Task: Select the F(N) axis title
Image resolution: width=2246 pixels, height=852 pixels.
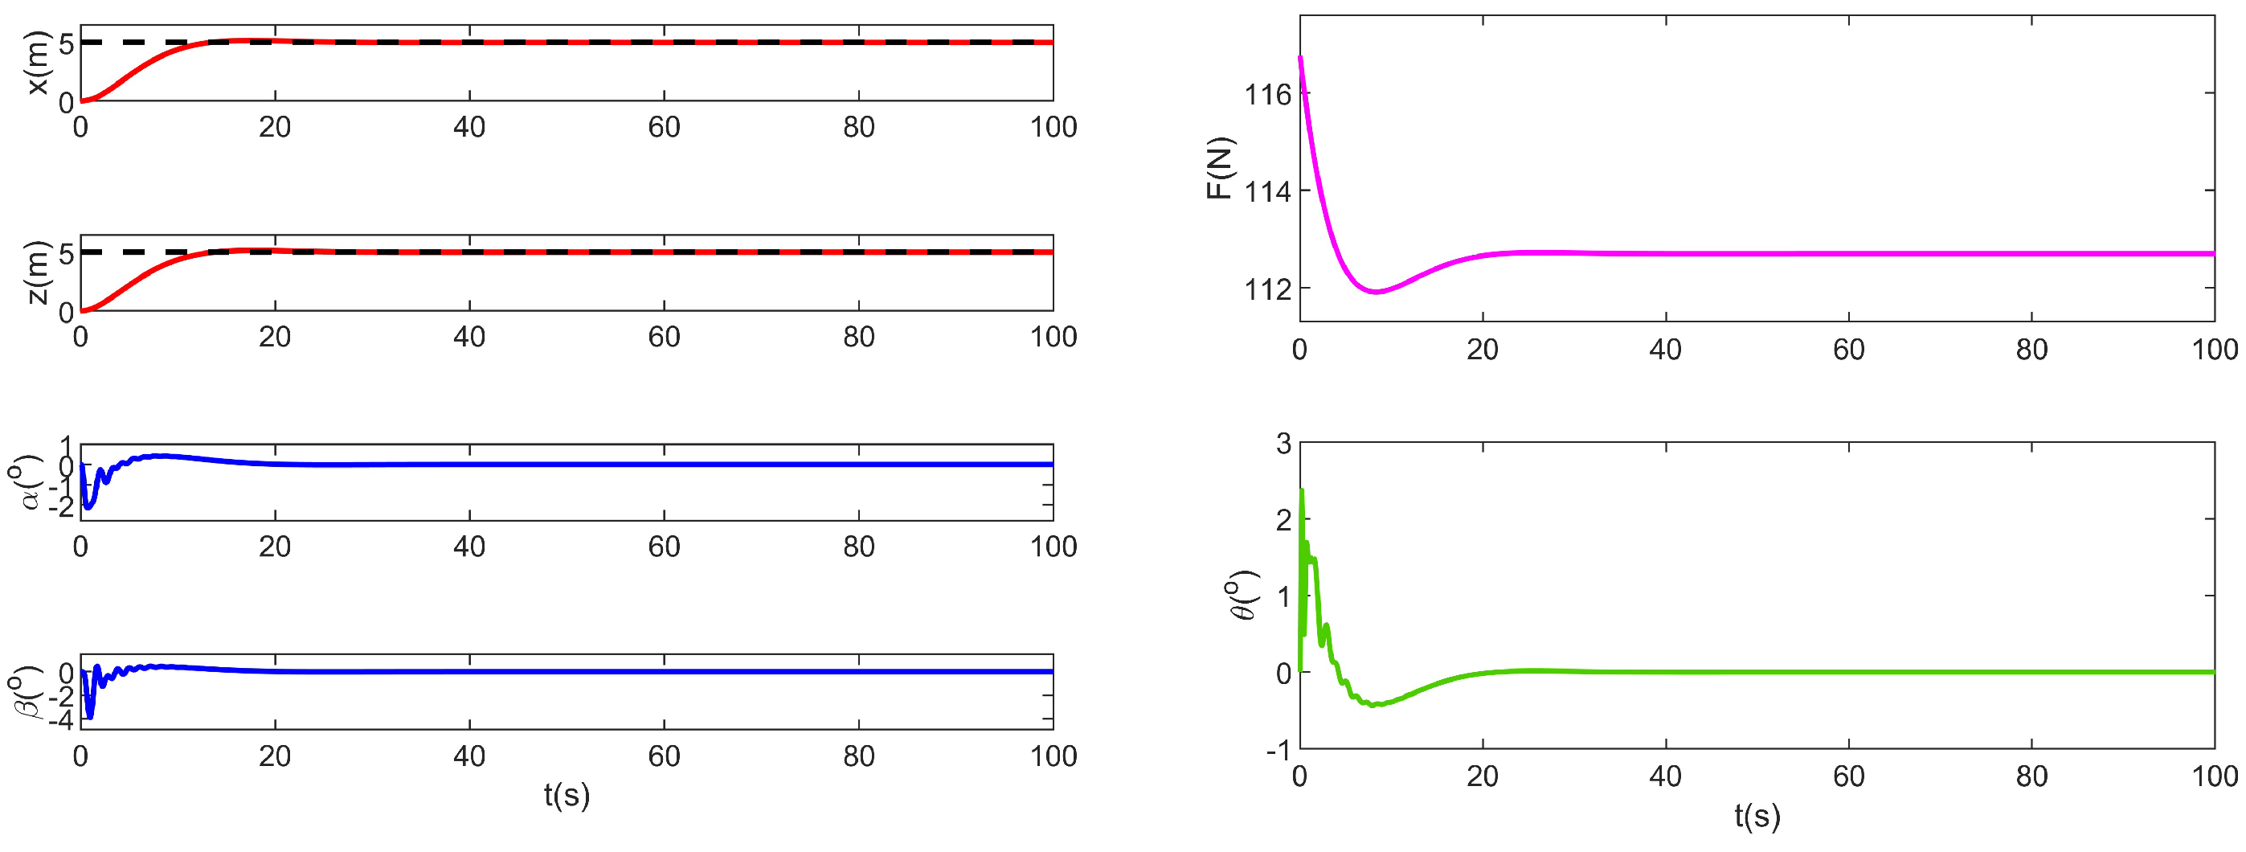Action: pyautogui.click(x=1220, y=168)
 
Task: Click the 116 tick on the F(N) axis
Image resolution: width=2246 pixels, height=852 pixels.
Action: pyautogui.click(x=1267, y=94)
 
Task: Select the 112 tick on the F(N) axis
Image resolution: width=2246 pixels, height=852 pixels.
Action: pyautogui.click(x=1267, y=289)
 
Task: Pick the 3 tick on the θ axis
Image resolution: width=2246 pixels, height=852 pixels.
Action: pyautogui.click(x=1283, y=443)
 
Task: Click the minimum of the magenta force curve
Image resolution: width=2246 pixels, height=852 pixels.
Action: pyautogui.click(x=1376, y=292)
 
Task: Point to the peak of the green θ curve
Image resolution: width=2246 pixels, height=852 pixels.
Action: pyautogui.click(x=1302, y=491)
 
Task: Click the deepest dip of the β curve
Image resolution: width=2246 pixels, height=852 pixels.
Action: pyautogui.click(x=89, y=717)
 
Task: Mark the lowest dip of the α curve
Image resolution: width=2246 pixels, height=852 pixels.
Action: pyautogui.click(x=88, y=506)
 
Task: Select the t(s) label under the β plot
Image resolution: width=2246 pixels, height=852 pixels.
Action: pyautogui.click(x=567, y=794)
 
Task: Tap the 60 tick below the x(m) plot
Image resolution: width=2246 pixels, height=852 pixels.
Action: pyautogui.click(x=664, y=127)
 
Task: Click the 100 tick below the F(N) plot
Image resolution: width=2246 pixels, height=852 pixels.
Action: pyautogui.click(x=2214, y=350)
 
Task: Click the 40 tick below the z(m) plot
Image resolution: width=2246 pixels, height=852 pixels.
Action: pyautogui.click(x=469, y=337)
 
